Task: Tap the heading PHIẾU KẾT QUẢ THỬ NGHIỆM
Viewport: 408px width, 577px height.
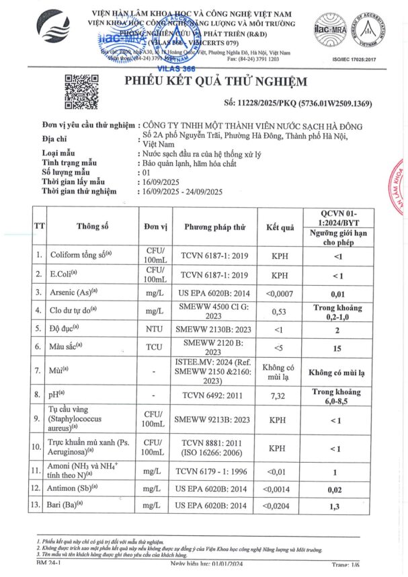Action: tap(216, 81)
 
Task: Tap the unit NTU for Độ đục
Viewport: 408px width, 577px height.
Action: tap(155, 330)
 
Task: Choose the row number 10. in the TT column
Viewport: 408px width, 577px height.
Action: tap(40, 447)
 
